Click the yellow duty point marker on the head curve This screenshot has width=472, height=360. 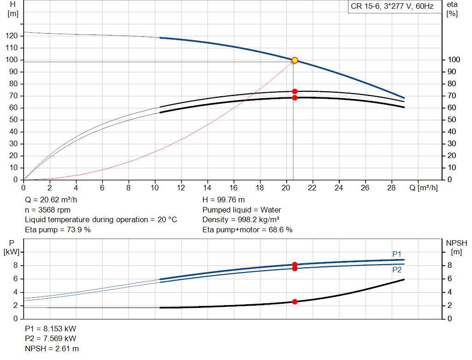point(295,60)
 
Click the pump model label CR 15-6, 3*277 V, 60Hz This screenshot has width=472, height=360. point(392,6)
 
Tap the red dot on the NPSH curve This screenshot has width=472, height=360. point(295,301)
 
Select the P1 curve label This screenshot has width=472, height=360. point(397,254)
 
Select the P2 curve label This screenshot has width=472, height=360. point(397,270)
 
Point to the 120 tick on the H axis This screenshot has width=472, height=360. point(13,36)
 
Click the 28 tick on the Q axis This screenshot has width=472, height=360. point(392,188)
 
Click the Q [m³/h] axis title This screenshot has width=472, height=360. point(423,188)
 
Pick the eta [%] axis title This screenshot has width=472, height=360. point(452,9)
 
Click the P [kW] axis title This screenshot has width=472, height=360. point(12,247)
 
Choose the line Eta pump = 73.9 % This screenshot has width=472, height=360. point(58,229)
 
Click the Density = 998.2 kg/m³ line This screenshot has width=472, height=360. point(241,219)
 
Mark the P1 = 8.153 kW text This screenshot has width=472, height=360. point(51,329)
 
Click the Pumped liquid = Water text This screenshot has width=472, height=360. point(242,210)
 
